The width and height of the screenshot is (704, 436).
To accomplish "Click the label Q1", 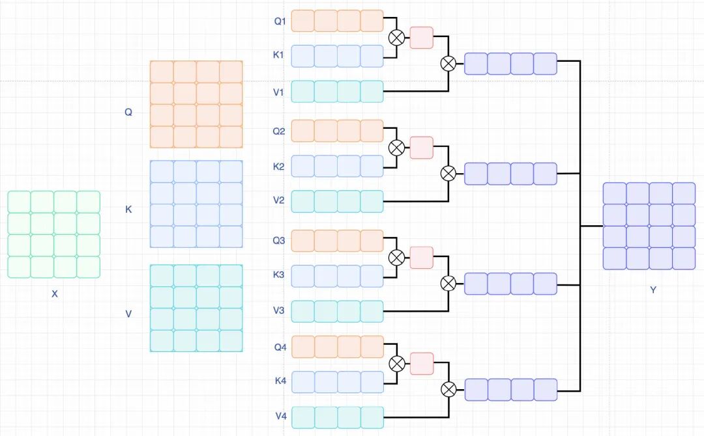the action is pos(280,21).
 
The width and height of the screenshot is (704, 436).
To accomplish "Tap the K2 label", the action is pos(278,167).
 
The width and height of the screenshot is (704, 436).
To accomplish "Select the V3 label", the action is pos(278,310).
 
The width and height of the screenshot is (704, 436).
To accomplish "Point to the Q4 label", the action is pos(280,347).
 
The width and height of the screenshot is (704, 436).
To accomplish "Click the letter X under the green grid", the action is pos(55,294).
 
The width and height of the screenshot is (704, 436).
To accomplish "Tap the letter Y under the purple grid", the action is pos(653,290).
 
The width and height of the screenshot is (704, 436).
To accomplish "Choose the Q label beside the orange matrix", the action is pos(128,112).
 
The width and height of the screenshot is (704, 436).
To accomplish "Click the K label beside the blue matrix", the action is pos(128,210).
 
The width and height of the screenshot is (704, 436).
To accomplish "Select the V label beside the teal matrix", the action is pos(128,314).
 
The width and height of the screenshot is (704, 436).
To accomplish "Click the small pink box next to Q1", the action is pos(421,38).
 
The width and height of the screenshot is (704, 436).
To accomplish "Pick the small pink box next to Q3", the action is pos(421,258).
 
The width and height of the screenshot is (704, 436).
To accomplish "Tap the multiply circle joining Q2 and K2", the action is pos(396,148).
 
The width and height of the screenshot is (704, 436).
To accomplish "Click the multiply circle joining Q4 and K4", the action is pos(396,364).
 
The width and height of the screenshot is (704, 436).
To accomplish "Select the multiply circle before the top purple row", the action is pos(448,64).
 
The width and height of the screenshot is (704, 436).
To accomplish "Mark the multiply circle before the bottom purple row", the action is pos(448,390).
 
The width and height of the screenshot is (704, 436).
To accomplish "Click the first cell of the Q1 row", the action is pos(302,21).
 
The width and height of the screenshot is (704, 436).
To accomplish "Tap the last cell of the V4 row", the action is pos(372,417).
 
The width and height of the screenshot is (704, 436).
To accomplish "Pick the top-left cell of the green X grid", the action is pos(19,202).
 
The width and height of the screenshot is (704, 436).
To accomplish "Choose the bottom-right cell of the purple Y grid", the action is pos(684,258).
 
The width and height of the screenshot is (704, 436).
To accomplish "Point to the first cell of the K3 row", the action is pos(302,276).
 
